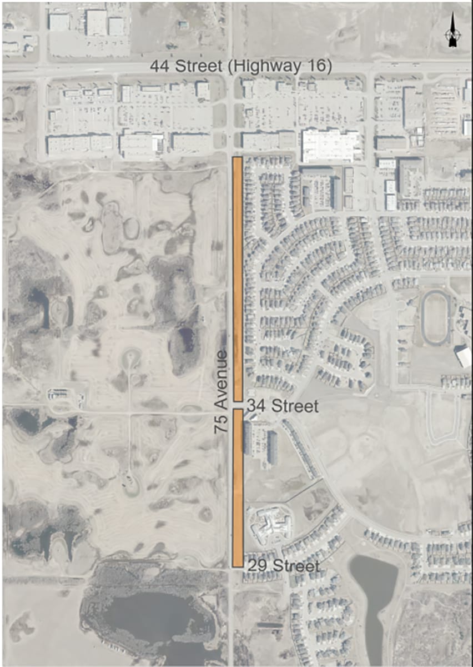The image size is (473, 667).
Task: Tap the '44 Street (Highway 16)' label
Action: [241, 67]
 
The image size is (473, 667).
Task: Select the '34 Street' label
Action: [282, 406]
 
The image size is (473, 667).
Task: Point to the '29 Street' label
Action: [283, 566]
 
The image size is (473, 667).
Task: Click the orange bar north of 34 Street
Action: [238, 278]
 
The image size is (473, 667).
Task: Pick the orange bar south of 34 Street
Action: [238, 488]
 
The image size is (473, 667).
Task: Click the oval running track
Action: [435, 317]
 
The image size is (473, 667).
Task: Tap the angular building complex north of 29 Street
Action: [270, 525]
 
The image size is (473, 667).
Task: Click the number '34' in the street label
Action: [255, 406]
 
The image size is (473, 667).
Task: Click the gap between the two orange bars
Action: [238, 405]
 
